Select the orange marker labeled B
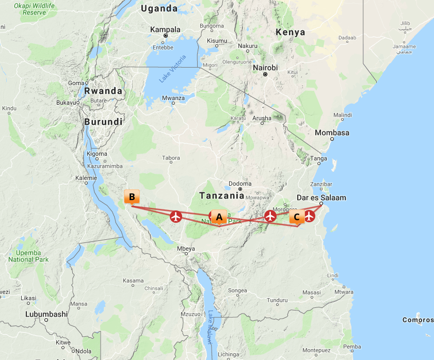[x=132, y=197]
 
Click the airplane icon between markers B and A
[x=176, y=217]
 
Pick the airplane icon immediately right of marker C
[x=310, y=216]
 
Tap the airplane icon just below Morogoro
[x=270, y=216]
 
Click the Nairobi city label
[x=265, y=68]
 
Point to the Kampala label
[x=165, y=29]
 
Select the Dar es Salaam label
[x=322, y=198]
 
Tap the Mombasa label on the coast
[x=332, y=133]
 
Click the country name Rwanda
[x=103, y=91]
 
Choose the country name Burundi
[x=103, y=122]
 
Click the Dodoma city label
[x=240, y=184]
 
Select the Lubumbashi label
[x=46, y=314]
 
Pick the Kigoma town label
[x=97, y=154]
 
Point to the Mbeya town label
[x=186, y=249]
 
